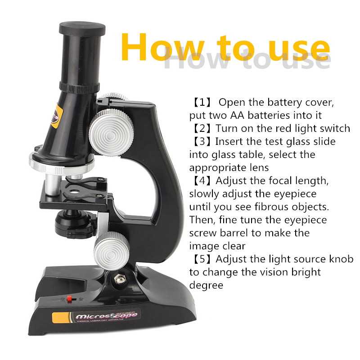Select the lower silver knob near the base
(x=111, y=251)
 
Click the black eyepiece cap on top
(x=82, y=29)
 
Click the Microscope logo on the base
(x=107, y=316)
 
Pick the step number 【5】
(x=202, y=259)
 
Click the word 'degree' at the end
(x=206, y=286)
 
